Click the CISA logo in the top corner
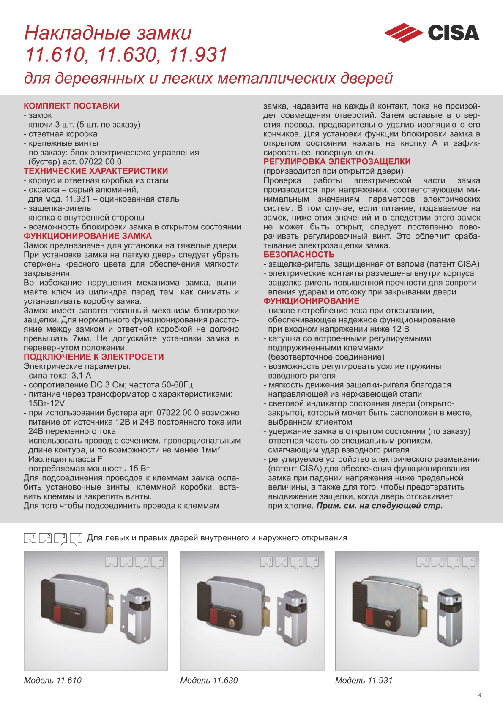point(431,33)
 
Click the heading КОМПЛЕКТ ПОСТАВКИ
point(71,106)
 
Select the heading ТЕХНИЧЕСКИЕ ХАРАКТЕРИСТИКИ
point(96,171)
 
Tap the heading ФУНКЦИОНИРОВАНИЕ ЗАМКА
point(87,236)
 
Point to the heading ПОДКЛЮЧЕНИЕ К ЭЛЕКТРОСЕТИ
point(93,357)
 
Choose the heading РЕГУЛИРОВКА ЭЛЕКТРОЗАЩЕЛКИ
point(337,162)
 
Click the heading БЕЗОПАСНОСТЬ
point(299,255)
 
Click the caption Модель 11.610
point(52,681)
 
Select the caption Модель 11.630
point(209,681)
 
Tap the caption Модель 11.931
point(364,681)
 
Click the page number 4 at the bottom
point(480,695)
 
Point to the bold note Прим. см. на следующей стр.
point(379,506)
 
